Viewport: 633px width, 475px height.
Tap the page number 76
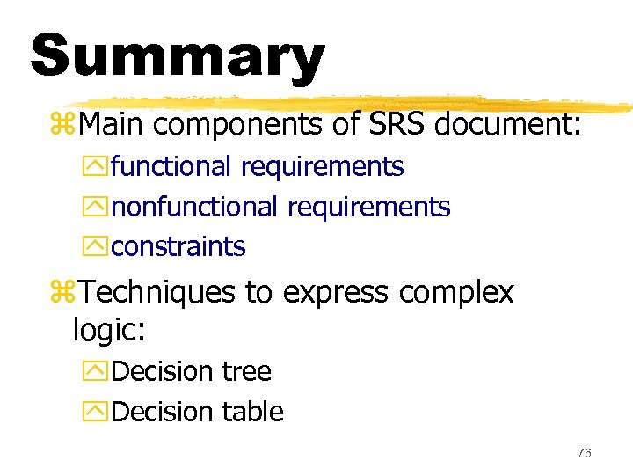(x=585, y=453)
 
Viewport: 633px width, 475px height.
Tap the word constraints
(x=178, y=247)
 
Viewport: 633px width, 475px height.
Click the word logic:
(x=109, y=331)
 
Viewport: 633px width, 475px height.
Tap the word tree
(x=247, y=371)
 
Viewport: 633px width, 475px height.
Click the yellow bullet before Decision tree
(x=100, y=372)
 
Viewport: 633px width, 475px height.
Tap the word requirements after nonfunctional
(x=368, y=208)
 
